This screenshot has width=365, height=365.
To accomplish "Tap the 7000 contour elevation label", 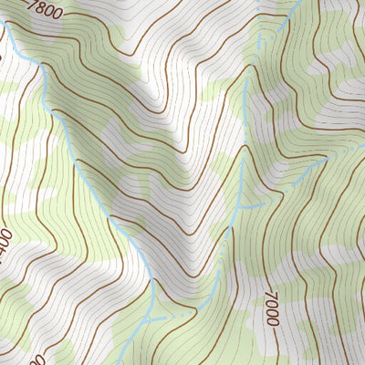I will [271, 308].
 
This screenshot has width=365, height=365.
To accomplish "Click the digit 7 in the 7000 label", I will [271, 294].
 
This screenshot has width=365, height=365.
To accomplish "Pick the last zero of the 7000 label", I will [271, 320].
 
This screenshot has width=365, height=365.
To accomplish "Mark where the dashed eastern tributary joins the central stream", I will [235, 209].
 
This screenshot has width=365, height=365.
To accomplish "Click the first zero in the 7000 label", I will [271, 303].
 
